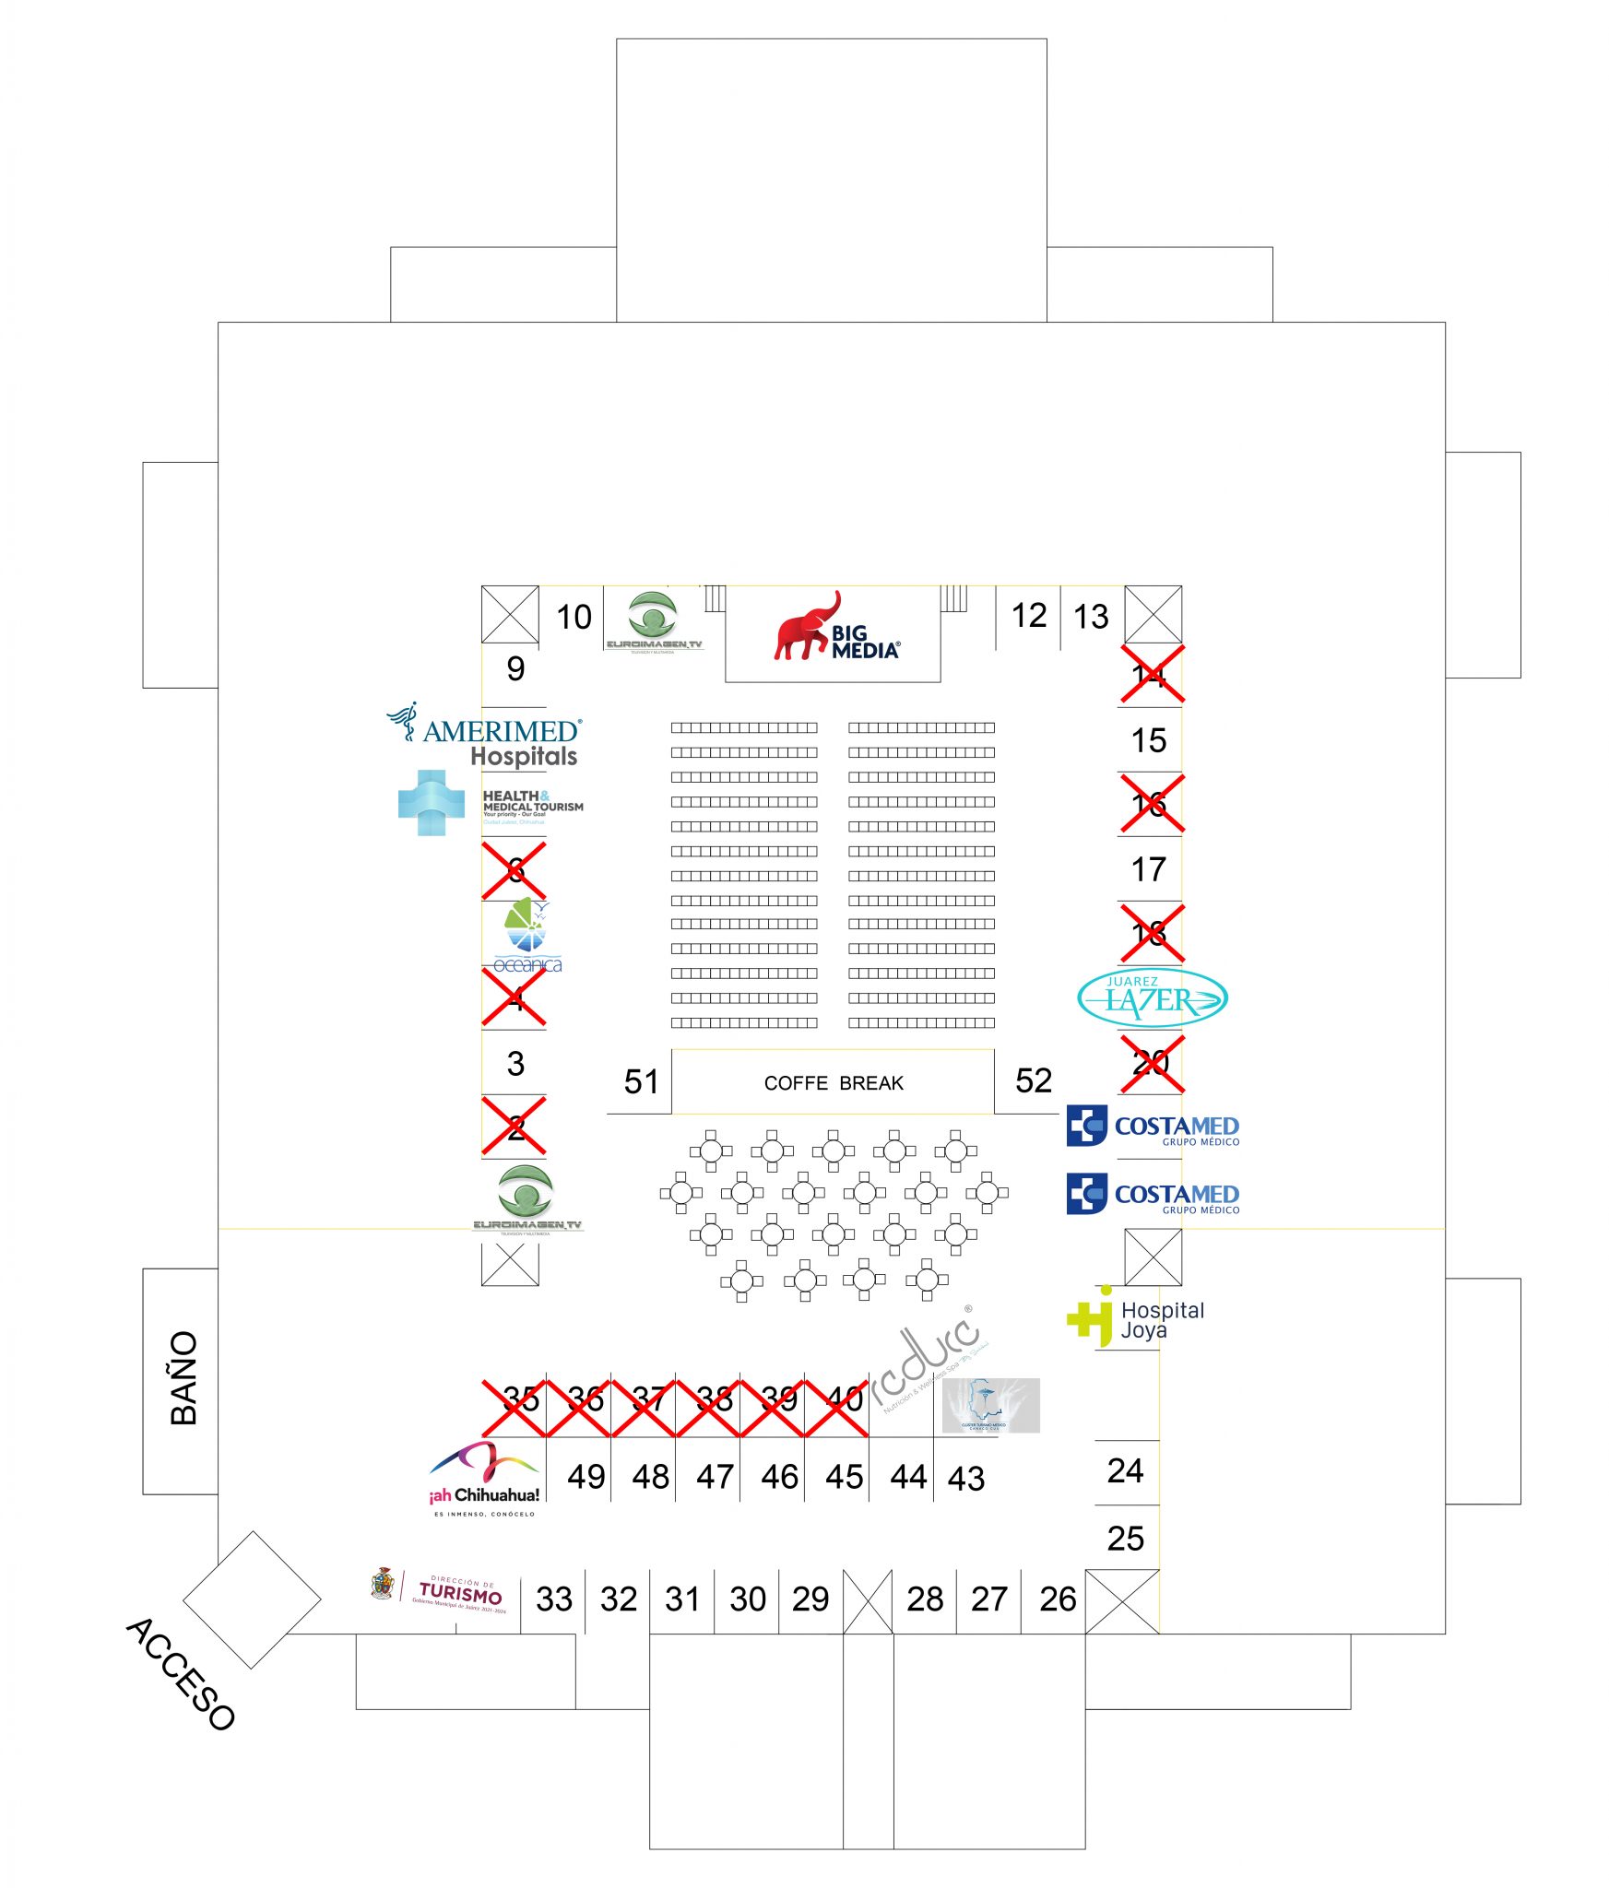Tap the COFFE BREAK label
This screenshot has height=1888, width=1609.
[x=833, y=1082]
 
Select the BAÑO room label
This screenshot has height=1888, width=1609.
[x=183, y=1377]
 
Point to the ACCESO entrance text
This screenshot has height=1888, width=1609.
[x=181, y=1672]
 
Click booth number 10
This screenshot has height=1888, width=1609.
[x=574, y=617]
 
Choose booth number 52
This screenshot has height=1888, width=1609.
[x=1033, y=1080]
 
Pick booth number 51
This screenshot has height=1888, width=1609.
[x=641, y=1081]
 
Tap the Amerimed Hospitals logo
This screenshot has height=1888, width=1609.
[x=486, y=735]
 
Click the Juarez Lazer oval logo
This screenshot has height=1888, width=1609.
[x=1152, y=997]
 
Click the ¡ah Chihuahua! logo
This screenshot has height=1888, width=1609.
[x=484, y=1476]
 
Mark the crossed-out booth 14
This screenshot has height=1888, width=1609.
[x=1151, y=675]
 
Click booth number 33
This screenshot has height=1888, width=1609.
[x=553, y=1599]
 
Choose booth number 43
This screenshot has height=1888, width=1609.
[x=965, y=1479]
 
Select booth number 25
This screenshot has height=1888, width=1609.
[x=1125, y=1539]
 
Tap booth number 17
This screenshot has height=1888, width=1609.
[x=1148, y=869]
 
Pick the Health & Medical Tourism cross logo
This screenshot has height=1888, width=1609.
[x=431, y=802]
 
